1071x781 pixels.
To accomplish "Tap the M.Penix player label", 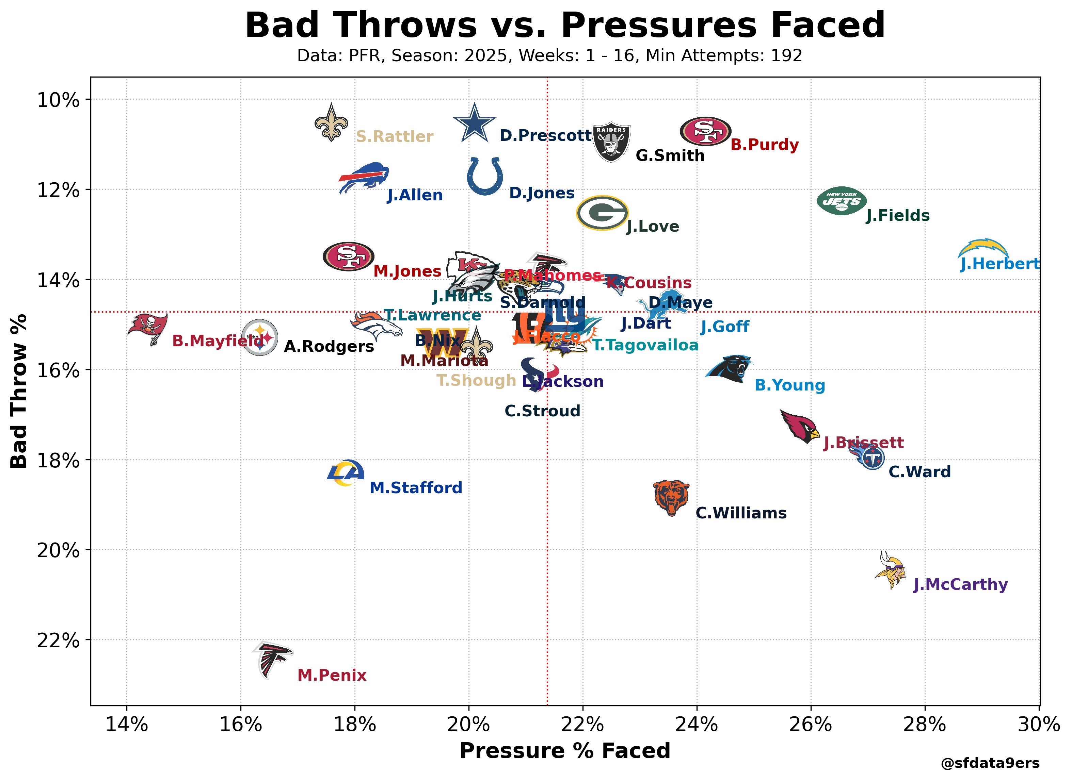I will [x=332, y=675].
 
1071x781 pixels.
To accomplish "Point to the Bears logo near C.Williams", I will [x=671, y=498].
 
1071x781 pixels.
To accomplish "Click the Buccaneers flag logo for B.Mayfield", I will [x=148, y=328].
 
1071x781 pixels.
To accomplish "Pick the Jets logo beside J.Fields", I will [x=842, y=200].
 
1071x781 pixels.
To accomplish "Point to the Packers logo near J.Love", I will [x=602, y=213].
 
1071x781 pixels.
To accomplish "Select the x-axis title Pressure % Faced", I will [x=565, y=751].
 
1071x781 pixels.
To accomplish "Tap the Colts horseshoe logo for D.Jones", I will [x=485, y=176].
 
